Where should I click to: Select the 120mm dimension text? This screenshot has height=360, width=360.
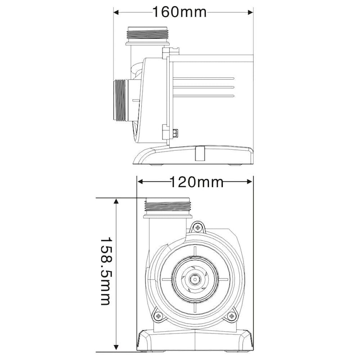pos(196,182)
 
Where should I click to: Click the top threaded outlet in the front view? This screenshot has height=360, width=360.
pos(168,207)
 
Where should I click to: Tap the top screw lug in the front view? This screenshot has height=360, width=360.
pos(196,227)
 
